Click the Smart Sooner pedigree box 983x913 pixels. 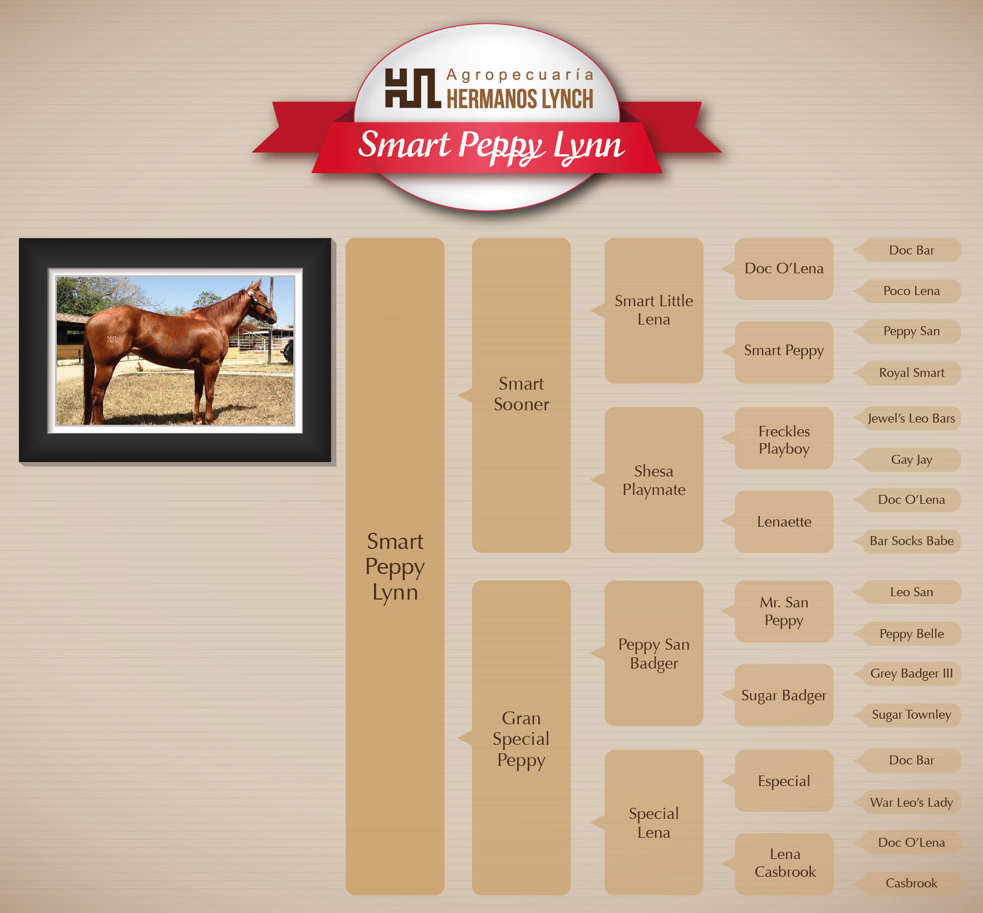[x=521, y=395]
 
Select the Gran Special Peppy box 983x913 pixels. [x=521, y=738]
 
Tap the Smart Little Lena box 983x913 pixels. [x=653, y=310]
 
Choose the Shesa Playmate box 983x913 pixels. [x=653, y=480]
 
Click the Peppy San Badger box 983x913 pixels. [x=653, y=653]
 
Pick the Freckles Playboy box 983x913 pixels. [x=784, y=438]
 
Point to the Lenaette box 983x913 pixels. [x=784, y=522]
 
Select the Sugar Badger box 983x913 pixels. [x=784, y=695]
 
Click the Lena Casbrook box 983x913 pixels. [x=784, y=864]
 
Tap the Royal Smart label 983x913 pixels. [x=911, y=373]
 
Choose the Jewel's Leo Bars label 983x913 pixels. [x=911, y=419]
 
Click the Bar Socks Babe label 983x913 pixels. [x=911, y=541]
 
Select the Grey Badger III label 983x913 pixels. [x=911, y=674]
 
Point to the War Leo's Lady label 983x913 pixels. [x=911, y=802]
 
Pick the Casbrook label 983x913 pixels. [x=911, y=883]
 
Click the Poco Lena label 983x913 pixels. [x=911, y=291]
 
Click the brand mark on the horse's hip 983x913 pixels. [x=112, y=339]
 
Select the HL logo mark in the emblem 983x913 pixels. [x=412, y=88]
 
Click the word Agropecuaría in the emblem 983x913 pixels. [x=520, y=75]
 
